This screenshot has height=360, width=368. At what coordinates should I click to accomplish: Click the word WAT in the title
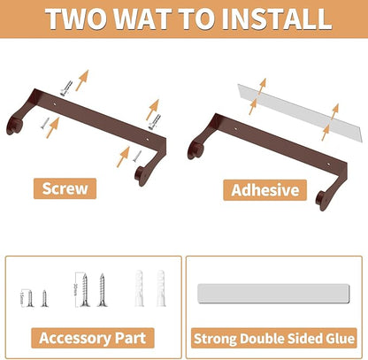click(x=145, y=19)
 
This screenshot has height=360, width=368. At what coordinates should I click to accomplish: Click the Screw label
click(x=65, y=188)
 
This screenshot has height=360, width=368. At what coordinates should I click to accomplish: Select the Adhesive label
click(x=265, y=190)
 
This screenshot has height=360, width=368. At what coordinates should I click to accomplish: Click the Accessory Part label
click(x=93, y=338)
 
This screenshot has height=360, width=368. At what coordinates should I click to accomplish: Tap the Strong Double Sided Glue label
click(x=274, y=338)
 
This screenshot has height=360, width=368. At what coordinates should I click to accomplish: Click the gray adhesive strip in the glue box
click(x=273, y=293)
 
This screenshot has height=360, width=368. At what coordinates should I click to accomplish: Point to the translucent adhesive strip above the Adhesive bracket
click(x=300, y=113)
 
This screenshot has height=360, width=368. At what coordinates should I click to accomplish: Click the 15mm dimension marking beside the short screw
click(x=22, y=298)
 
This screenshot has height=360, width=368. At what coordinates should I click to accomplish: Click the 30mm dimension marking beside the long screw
click(x=76, y=289)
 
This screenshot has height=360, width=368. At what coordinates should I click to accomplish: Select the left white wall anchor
click(x=139, y=288)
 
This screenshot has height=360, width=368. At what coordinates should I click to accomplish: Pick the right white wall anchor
click(x=161, y=288)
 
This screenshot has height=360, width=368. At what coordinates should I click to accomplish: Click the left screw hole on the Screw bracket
click(x=54, y=104)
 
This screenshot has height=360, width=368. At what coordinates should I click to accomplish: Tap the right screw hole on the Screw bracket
click(x=148, y=139)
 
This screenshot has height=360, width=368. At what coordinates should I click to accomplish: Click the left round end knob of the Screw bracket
click(x=13, y=126)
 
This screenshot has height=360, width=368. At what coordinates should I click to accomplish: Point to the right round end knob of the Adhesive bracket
click(x=323, y=201)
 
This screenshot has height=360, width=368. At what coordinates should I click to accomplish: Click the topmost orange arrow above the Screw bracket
click(x=82, y=80)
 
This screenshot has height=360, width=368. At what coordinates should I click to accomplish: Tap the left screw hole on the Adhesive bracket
click(x=235, y=129)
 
